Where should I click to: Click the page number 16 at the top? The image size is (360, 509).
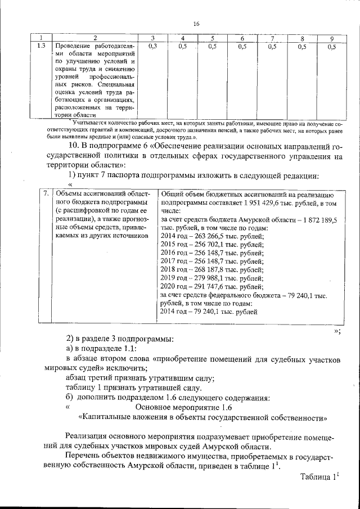tap(196, 23)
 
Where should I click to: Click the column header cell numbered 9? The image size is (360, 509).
tap(332, 38)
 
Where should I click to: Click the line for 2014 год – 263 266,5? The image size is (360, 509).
tap(204, 236)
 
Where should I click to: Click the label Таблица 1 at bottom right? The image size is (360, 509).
tap(320, 477)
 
